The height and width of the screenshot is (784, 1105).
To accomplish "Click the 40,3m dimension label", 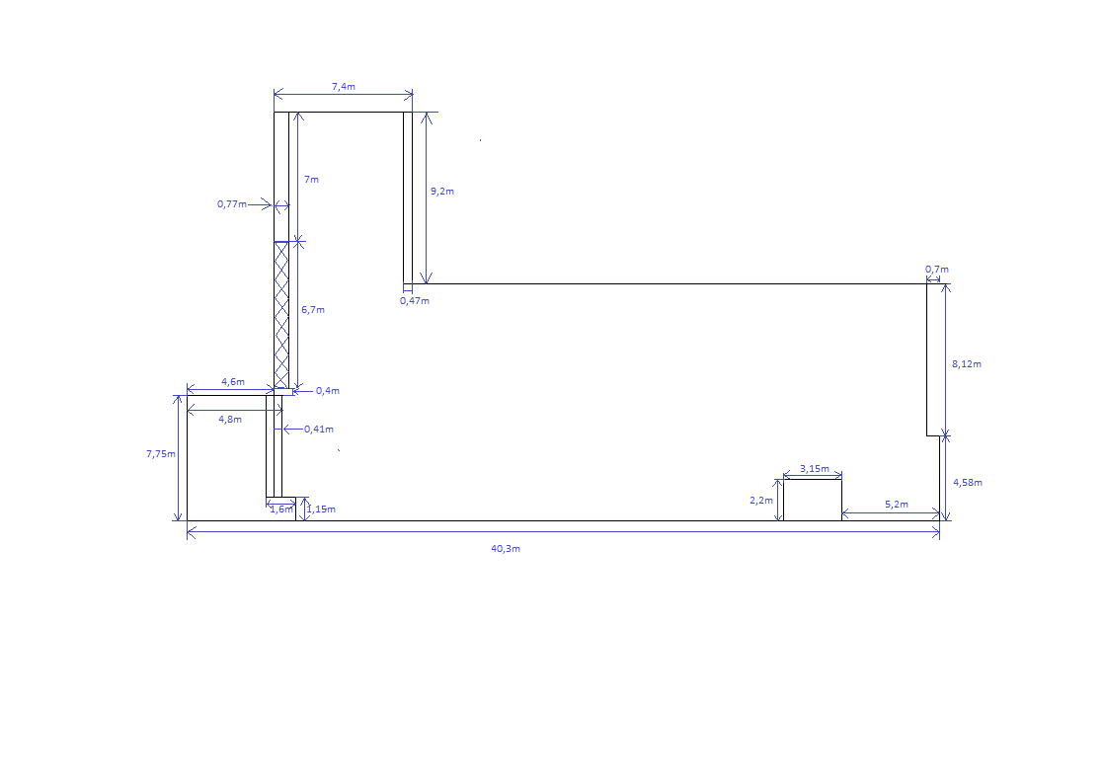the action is [x=506, y=549].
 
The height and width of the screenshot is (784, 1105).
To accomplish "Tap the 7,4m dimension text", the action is [x=344, y=87].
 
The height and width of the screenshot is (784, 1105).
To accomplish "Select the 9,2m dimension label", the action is [x=441, y=191].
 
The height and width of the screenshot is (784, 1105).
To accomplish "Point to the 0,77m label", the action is [x=232, y=204].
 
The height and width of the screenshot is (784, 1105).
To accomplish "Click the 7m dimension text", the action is [x=311, y=180].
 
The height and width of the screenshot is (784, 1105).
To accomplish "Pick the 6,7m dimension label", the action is [x=313, y=310].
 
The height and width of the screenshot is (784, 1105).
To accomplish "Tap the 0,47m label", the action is [x=415, y=301].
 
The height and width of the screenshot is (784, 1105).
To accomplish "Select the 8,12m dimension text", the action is [x=966, y=364].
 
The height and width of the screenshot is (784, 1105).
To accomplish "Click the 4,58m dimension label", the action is [x=967, y=483].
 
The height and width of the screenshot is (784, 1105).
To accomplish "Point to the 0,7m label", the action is [x=936, y=270].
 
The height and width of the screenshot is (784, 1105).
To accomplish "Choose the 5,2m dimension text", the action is [x=897, y=505].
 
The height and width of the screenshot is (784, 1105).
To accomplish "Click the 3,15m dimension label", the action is [x=814, y=469].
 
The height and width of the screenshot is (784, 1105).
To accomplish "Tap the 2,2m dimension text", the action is [x=761, y=501].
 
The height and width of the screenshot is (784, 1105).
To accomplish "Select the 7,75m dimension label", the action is [x=161, y=454].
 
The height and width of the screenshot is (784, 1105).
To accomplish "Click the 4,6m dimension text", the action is [x=233, y=382].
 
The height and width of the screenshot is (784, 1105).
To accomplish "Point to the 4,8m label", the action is [x=230, y=419].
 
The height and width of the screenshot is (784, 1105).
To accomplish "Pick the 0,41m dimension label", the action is [x=319, y=429].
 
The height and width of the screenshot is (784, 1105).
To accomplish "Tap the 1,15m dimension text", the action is [x=321, y=510].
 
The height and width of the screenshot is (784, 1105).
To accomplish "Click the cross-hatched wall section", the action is [x=281, y=315].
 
